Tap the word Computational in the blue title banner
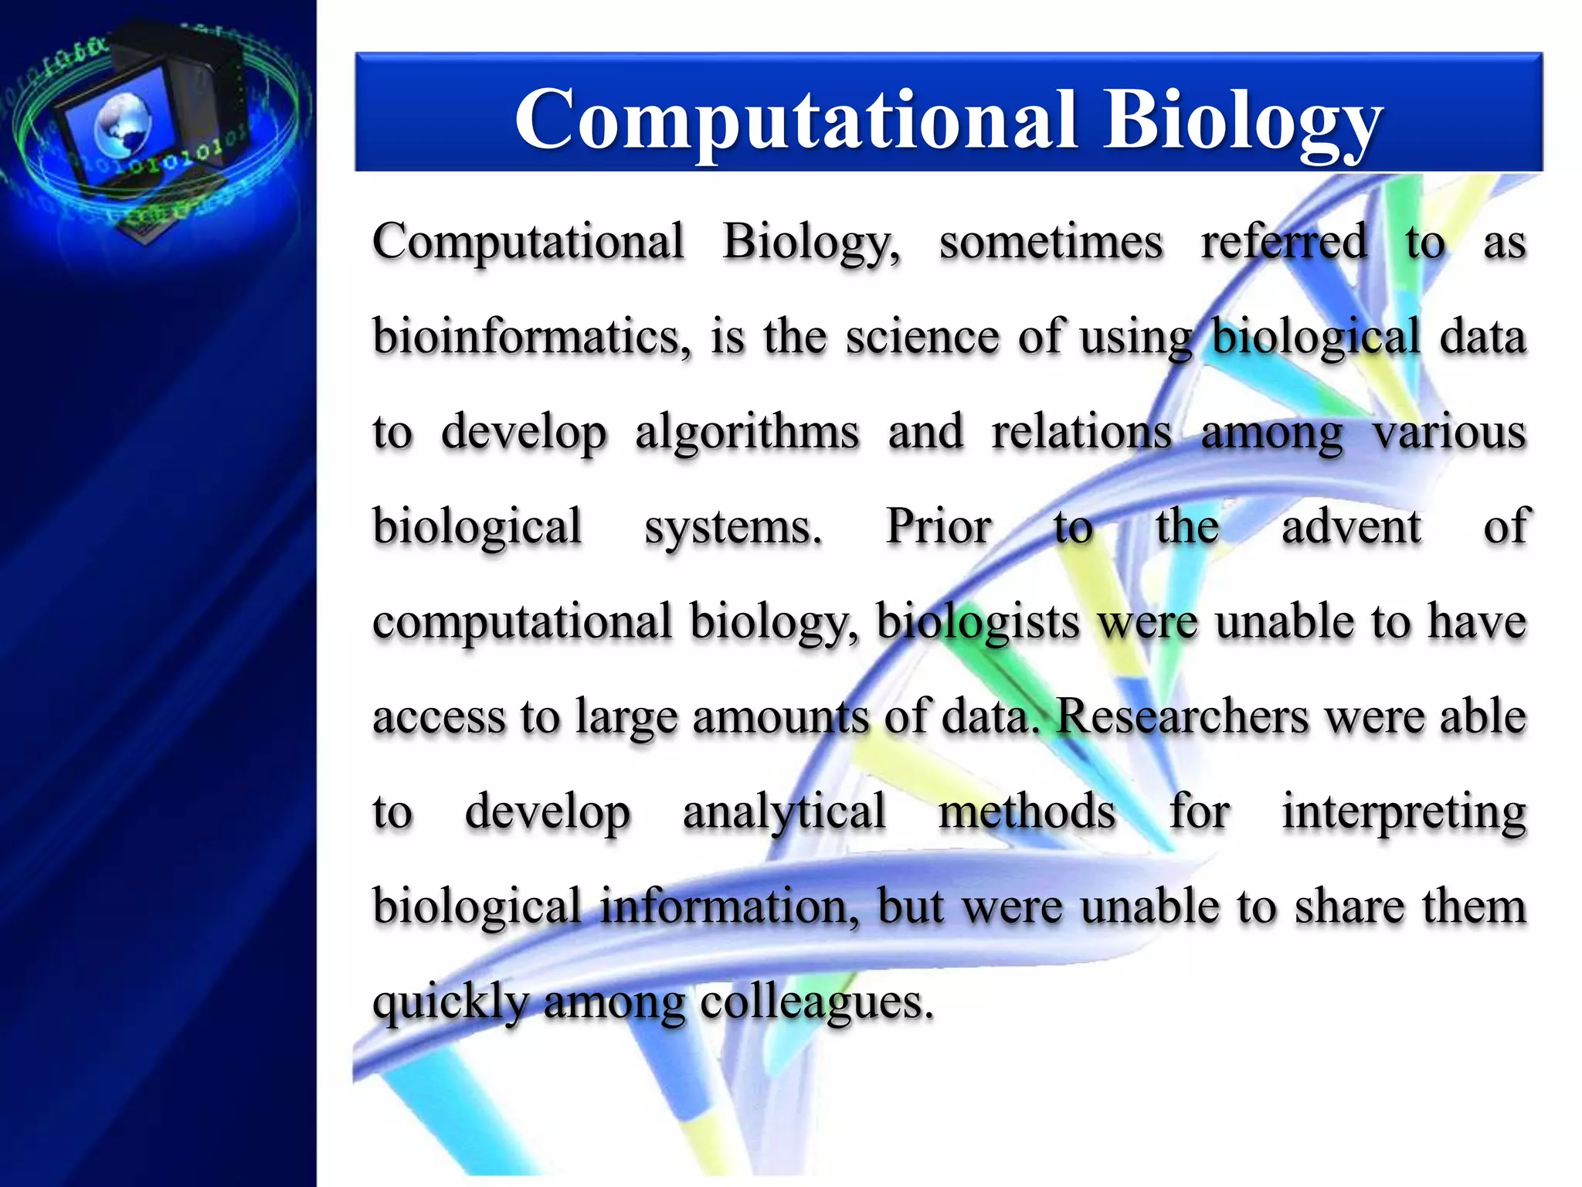coord(796,120)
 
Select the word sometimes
coord(1051,242)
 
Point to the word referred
coord(1283,242)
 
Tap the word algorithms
coord(747,432)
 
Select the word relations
coord(1081,432)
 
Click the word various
coord(1449,432)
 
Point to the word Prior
coord(938,527)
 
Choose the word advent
coord(1351,527)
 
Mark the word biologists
coord(977,622)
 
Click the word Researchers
coord(1182,716)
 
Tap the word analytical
coord(784,812)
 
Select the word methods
coord(1027,812)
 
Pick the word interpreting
coord(1404,812)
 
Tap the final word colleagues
coord(816,1002)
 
